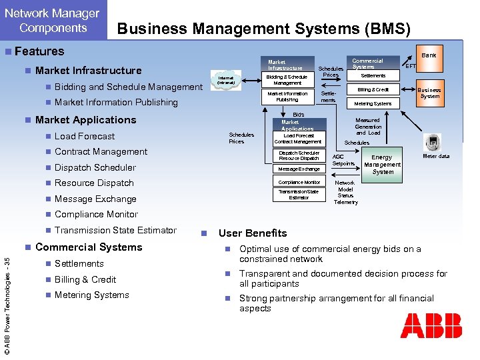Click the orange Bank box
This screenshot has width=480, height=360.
pyautogui.click(x=429, y=55)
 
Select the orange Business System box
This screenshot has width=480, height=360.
pyautogui.click(x=429, y=93)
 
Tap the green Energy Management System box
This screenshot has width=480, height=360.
pyautogui.click(x=383, y=165)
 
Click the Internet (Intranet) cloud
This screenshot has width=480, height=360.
pyautogui.click(x=226, y=81)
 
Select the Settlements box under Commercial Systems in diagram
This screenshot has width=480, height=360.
pyautogui.click(x=373, y=75)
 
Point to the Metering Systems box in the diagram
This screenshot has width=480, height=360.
pyautogui.click(x=373, y=103)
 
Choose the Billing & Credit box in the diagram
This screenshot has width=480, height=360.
pyautogui.click(x=373, y=89)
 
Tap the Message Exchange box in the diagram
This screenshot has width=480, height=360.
pyautogui.click(x=299, y=169)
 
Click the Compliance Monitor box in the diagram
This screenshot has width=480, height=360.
pyautogui.click(x=299, y=182)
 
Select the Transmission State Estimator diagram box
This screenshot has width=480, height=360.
pyautogui.click(x=299, y=195)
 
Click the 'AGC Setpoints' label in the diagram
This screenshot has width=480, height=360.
pyautogui.click(x=343, y=160)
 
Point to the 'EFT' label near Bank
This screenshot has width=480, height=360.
pyautogui.click(x=411, y=66)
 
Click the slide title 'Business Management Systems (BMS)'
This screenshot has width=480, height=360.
pyautogui.click(x=264, y=28)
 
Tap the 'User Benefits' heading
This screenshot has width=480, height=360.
pyautogui.click(x=253, y=233)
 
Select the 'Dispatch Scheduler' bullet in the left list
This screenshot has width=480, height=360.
pyautogui.click(x=95, y=167)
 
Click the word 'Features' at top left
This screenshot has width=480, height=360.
pyautogui.click(x=39, y=51)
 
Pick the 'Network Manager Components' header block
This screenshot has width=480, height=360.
pyautogui.click(x=53, y=21)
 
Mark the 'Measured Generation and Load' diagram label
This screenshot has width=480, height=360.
pyautogui.click(x=368, y=127)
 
